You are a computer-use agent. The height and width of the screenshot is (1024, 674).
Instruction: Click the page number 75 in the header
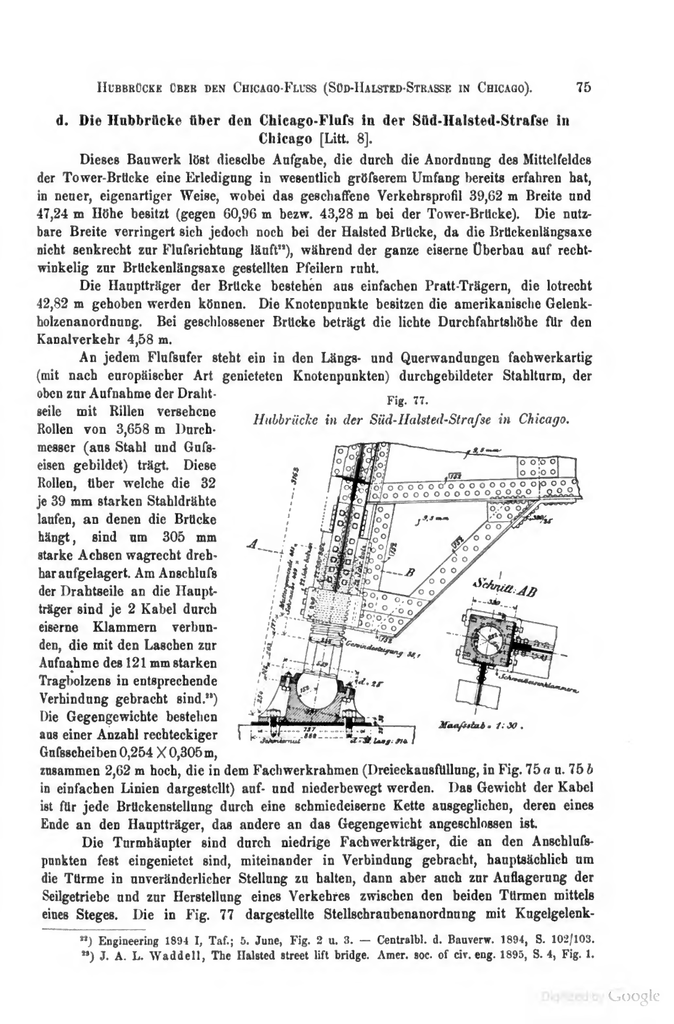tap(584, 87)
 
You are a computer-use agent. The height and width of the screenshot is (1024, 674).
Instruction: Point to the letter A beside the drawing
tap(251, 545)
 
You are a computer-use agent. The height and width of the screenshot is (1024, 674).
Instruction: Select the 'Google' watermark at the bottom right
tap(633, 995)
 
